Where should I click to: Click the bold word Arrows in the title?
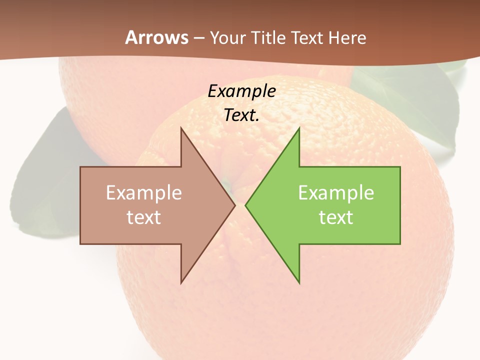pos(157,37)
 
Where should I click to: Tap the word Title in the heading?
pos(269,37)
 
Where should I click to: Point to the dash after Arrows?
pos(199,38)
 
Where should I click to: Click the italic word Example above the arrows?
pos(242,91)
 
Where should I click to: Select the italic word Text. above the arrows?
pos(242,115)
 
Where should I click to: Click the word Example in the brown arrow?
pos(144,192)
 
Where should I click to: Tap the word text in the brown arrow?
pos(144,217)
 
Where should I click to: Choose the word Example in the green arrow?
pos(336,192)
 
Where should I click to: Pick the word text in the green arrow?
pos(336,217)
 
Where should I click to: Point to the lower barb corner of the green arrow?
pos(299,282)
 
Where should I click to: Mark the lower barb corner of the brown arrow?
pos(181,282)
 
